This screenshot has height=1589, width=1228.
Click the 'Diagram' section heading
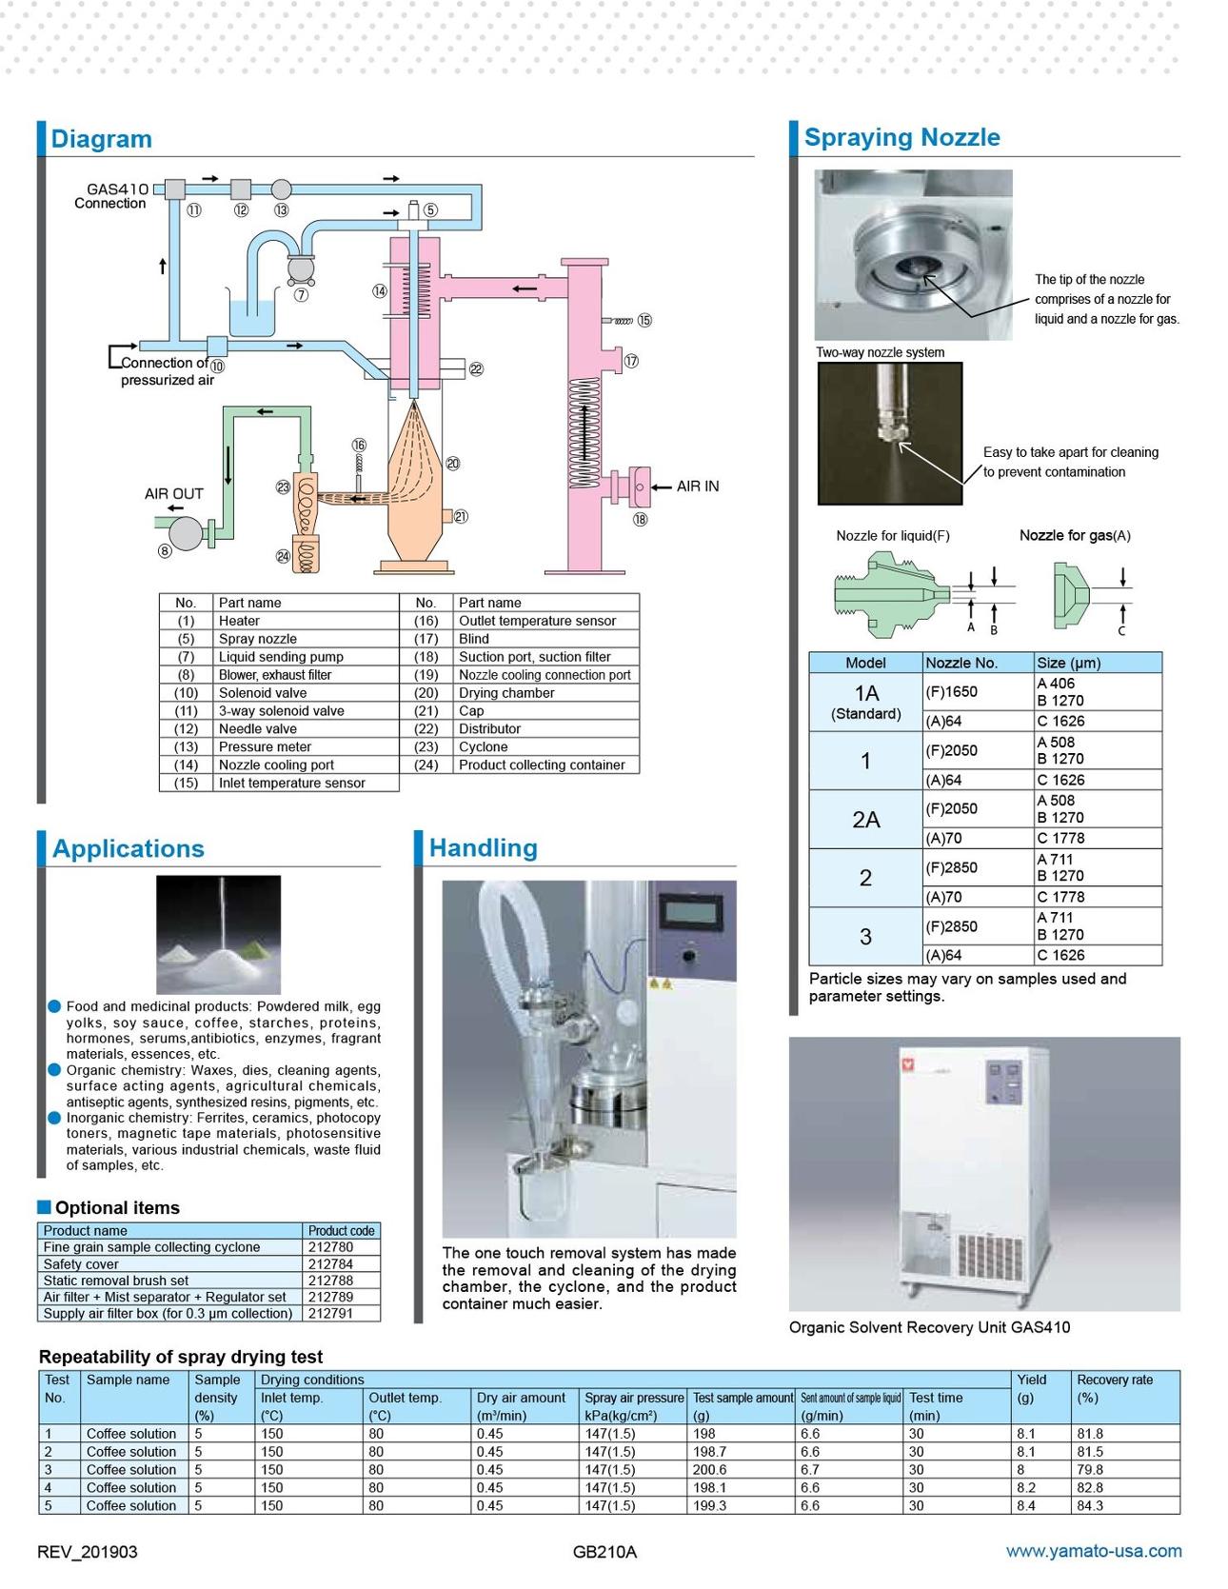click(101, 139)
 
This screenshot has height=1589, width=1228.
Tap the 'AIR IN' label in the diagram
click(698, 487)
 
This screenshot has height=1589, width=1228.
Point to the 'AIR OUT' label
click(174, 494)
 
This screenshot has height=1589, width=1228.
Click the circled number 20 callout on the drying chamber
click(453, 464)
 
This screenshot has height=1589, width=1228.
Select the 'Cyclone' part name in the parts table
click(483, 747)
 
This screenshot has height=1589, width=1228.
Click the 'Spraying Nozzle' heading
click(901, 137)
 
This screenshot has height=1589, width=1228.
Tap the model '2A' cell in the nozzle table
click(865, 820)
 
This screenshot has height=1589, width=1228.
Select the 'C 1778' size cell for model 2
click(1060, 897)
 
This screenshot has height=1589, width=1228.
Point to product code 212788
click(330, 1281)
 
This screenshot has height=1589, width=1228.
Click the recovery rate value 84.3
click(1090, 1506)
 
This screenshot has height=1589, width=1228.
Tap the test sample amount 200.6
click(709, 1470)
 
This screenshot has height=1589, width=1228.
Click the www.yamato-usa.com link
click(1094, 1551)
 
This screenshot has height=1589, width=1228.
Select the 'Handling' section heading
click(483, 848)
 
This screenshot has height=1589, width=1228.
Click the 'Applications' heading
click(129, 849)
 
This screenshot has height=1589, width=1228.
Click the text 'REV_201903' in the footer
click(87, 1552)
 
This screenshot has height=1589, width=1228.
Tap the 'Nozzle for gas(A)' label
click(1075, 536)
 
